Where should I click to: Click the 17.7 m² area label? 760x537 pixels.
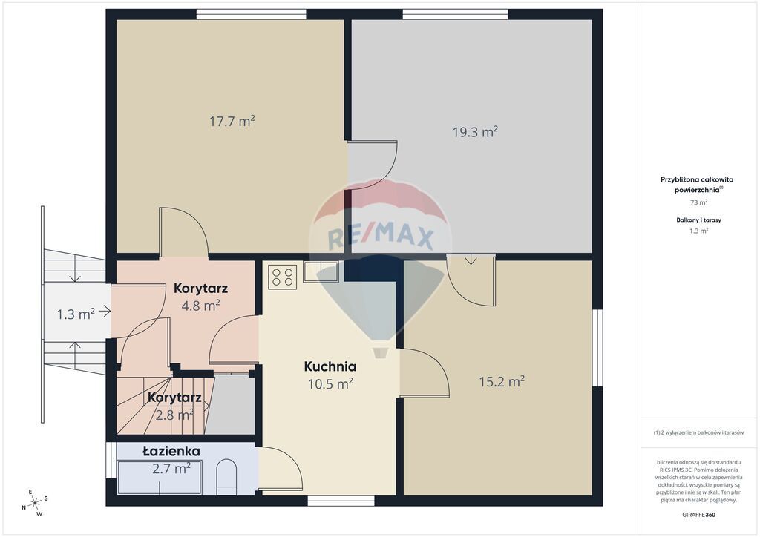[x=232, y=121]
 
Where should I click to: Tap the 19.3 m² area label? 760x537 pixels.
[x=475, y=132]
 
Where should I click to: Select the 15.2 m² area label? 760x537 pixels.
[x=502, y=381]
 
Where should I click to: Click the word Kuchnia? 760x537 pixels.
[x=330, y=366]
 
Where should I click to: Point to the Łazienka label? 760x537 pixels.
[x=171, y=451]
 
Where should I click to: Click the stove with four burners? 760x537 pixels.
[x=282, y=277]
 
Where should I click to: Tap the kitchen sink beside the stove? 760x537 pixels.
[x=321, y=271]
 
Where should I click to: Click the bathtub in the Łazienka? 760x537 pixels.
[x=160, y=478]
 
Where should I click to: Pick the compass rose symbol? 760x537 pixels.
[x=34, y=504]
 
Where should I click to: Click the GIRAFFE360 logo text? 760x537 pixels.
[x=698, y=515]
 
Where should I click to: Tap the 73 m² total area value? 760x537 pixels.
[x=698, y=202]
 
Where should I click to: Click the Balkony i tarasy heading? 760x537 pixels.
[x=698, y=220]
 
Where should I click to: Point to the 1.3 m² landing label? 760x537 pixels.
[x=76, y=314]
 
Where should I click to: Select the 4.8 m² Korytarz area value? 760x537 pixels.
[x=200, y=306]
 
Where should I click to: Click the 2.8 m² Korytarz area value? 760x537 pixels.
[x=174, y=415]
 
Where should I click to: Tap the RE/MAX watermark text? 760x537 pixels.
[x=381, y=238]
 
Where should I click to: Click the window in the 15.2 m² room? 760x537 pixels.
[x=598, y=348]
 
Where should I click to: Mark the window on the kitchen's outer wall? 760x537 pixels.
[x=341, y=501]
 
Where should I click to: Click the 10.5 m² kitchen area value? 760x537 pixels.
[x=330, y=384]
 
